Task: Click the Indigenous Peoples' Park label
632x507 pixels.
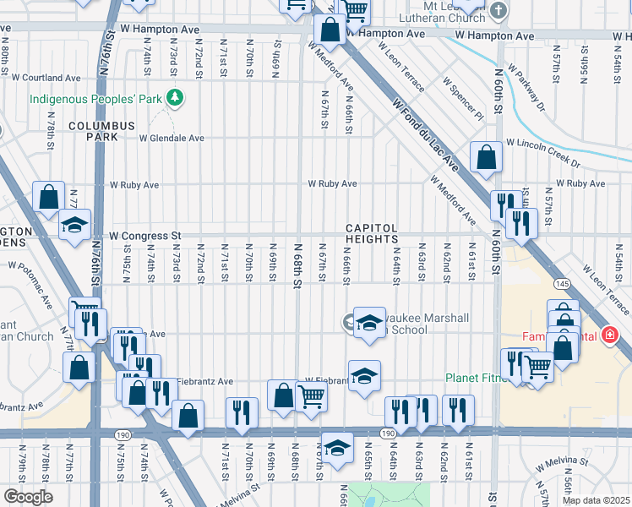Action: [95, 99]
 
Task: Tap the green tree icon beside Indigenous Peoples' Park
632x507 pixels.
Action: [175, 99]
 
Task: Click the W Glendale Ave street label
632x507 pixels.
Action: [172, 138]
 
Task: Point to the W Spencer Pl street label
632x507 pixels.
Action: [462, 98]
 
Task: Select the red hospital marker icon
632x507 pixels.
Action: [610, 335]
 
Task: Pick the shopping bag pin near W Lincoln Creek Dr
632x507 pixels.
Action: [487, 158]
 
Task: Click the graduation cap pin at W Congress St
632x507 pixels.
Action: [74, 226]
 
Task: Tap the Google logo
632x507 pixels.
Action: [28, 497]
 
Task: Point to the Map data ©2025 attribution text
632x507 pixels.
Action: [596, 500]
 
